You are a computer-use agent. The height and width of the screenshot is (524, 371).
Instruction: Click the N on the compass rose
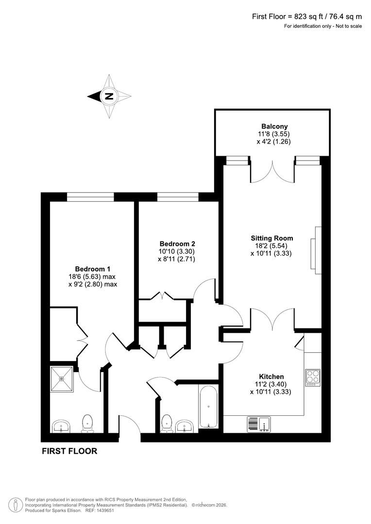pyautogui.click(x=109, y=96)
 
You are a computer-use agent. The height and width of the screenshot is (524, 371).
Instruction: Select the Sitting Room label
pyautogui.click(x=271, y=238)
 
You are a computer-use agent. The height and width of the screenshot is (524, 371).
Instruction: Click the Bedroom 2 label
pyautogui.click(x=177, y=244)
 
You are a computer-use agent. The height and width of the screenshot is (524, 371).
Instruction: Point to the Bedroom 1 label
pyautogui.click(x=93, y=269)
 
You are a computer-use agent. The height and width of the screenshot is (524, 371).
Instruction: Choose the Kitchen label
pyautogui.click(x=271, y=377)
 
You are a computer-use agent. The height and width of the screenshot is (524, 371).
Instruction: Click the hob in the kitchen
pyautogui.click(x=312, y=377)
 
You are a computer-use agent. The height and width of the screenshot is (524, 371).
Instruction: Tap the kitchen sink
pyautogui.click(x=259, y=424)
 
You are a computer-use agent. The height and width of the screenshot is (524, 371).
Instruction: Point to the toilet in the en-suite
pyautogui.click(x=87, y=423)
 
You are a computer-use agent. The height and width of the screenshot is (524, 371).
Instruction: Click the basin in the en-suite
pyautogui.click(x=60, y=426)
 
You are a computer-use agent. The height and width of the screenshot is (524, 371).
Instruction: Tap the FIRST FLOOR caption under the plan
pyautogui.click(x=69, y=451)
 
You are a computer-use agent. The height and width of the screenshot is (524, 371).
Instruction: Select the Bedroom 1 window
pyautogui.click(x=90, y=196)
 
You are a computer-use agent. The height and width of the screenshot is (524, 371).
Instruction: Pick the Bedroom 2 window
pyautogui.click(x=178, y=196)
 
